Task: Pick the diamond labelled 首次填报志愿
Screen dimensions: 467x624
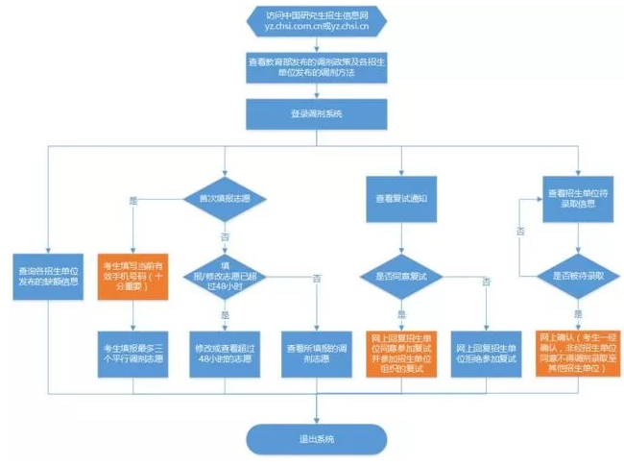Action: tap(223, 201)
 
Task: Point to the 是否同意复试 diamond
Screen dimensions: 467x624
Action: tap(401, 276)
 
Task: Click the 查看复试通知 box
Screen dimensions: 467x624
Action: tap(401, 200)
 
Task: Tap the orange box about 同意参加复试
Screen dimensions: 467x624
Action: tap(401, 353)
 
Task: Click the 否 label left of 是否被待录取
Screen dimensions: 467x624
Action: tap(520, 232)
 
